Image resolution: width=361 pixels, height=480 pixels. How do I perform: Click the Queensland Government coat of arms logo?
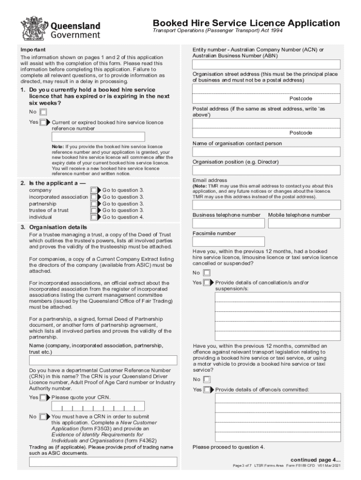click(x=32, y=29)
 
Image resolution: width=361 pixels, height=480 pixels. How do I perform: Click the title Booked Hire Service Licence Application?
click(x=246, y=23)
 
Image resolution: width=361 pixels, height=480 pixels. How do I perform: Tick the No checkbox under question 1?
click(x=43, y=112)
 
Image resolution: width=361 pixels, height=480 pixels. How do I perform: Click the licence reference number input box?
click(x=98, y=137)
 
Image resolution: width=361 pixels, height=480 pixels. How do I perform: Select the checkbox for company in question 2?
click(x=94, y=190)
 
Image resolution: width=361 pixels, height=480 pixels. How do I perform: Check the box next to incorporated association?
click(x=94, y=197)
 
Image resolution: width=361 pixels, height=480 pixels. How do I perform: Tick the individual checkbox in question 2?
click(x=94, y=217)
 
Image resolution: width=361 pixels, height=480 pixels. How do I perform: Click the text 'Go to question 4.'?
click(x=123, y=217)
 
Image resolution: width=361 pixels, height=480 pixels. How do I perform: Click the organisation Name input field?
click(x=103, y=360)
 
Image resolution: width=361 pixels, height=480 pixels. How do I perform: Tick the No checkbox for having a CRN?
click(x=43, y=416)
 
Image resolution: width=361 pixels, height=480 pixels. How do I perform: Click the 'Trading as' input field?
click(x=103, y=462)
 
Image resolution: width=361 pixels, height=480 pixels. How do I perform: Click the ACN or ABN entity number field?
click(x=266, y=65)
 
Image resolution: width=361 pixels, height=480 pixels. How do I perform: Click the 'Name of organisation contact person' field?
click(x=266, y=152)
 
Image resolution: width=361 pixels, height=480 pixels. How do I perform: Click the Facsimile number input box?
click(x=228, y=242)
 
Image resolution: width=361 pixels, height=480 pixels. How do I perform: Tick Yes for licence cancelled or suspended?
click(x=207, y=283)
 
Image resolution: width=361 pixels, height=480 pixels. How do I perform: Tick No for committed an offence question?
click(x=207, y=380)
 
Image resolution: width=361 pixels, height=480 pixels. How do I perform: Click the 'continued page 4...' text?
click(x=316, y=459)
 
